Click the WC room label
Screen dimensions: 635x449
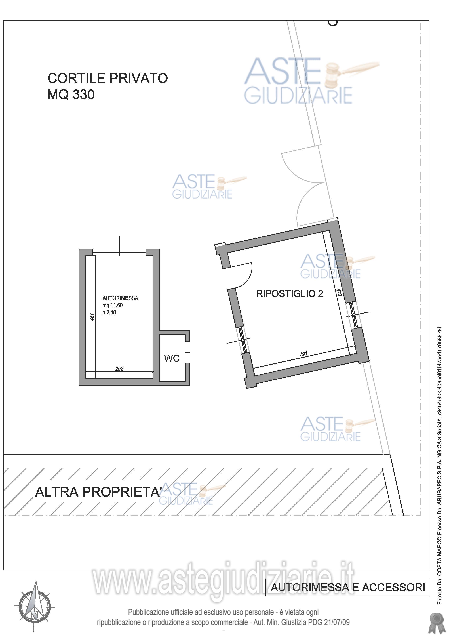pyautogui.click(x=172, y=358)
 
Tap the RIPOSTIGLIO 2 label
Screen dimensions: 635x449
pyautogui.click(x=290, y=293)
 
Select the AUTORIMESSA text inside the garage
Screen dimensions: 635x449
pyautogui.click(x=120, y=298)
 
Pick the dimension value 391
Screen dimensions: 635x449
pyautogui.click(x=303, y=354)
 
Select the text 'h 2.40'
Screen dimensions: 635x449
pyautogui.click(x=109, y=312)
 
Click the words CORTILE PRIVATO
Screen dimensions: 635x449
pyautogui.click(x=107, y=78)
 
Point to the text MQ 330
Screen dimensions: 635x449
pyautogui.click(x=71, y=95)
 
